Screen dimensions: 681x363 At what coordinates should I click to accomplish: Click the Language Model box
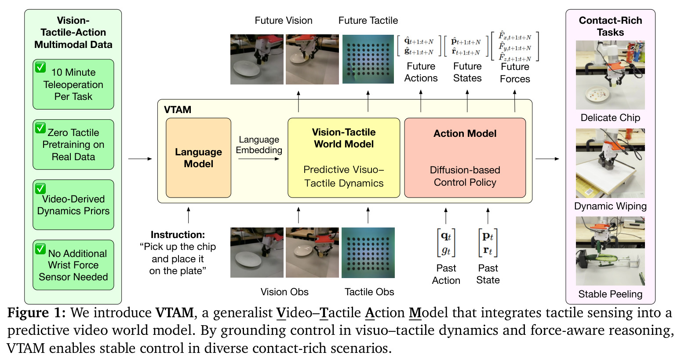(x=198, y=158)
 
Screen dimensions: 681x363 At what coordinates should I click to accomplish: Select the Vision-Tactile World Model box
(x=343, y=158)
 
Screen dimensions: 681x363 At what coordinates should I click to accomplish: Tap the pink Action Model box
(x=465, y=158)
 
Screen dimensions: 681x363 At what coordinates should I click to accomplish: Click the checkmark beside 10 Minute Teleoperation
(x=40, y=67)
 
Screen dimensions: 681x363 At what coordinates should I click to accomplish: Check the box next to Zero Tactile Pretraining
(x=40, y=128)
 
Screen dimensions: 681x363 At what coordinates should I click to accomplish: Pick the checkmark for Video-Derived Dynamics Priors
(x=40, y=188)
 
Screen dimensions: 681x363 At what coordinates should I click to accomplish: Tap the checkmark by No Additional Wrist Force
(x=40, y=249)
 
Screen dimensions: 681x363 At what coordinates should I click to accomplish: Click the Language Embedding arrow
(x=259, y=159)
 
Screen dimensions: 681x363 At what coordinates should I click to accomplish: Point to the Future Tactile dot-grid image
(x=368, y=59)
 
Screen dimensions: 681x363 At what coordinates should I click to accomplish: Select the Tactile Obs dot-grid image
(x=368, y=253)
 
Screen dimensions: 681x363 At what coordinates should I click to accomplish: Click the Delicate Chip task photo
(x=610, y=75)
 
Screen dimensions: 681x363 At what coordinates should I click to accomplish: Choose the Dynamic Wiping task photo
(x=610, y=163)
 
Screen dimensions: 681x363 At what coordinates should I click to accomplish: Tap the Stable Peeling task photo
(x=610, y=251)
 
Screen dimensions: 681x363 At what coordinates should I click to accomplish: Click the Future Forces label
(x=515, y=73)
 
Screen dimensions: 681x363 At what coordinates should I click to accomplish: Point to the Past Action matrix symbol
(x=446, y=243)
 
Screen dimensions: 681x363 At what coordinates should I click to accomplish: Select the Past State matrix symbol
(x=488, y=243)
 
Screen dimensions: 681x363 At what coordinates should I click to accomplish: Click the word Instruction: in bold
(x=178, y=235)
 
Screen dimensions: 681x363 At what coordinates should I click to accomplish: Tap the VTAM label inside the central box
(x=178, y=110)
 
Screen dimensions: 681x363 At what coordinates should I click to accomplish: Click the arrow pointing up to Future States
(x=467, y=101)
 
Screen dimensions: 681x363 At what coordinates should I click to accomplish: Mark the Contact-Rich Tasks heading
(x=610, y=26)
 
